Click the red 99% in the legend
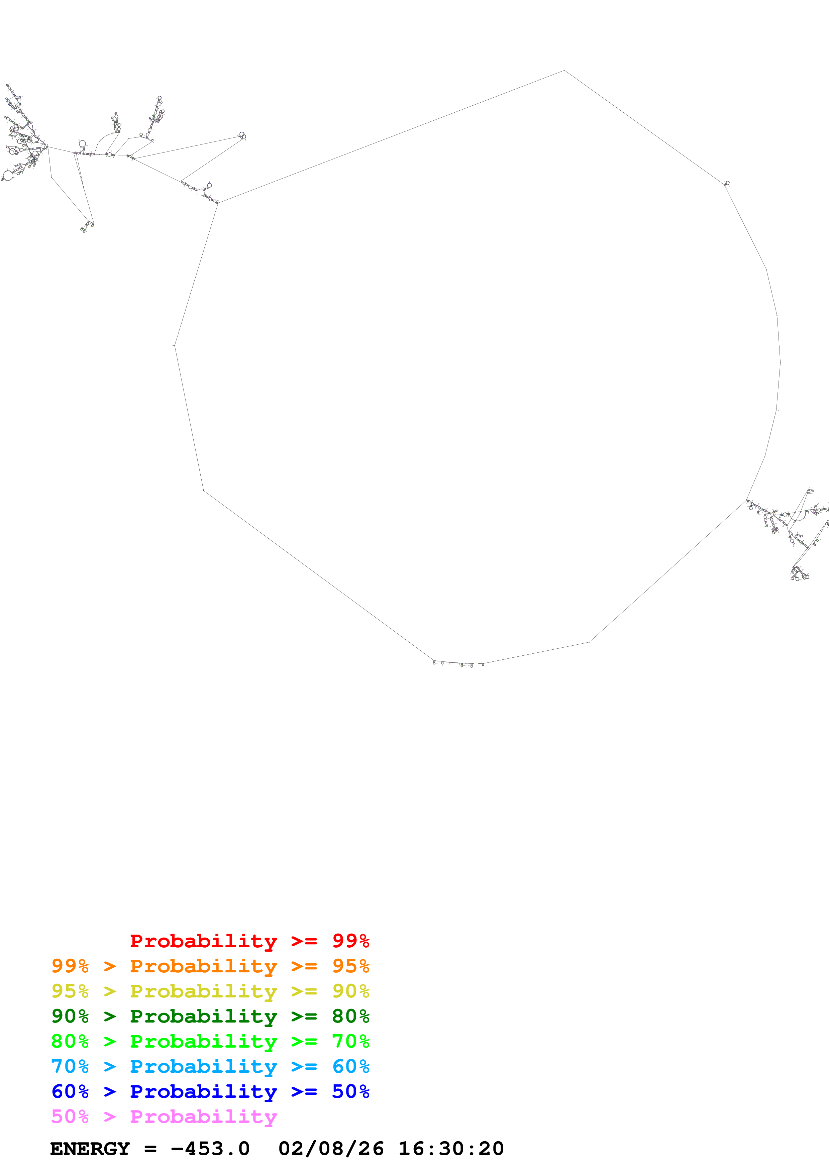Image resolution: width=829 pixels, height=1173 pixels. pos(350,941)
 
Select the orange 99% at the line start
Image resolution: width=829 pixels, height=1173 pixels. pos(70,966)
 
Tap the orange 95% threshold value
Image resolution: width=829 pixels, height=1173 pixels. pos(350,966)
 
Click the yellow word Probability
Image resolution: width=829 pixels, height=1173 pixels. pos(203,991)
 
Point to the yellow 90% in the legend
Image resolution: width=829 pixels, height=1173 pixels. pos(350,991)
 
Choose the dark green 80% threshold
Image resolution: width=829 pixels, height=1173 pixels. pos(350,1016)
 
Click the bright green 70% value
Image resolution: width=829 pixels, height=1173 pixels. pos(350,1041)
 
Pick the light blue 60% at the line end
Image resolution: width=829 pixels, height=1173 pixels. pos(350,1066)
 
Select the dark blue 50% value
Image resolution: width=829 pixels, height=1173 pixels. pos(350,1091)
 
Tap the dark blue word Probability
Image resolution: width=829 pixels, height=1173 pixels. pos(203,1091)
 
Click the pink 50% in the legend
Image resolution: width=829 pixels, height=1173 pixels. pos(70,1116)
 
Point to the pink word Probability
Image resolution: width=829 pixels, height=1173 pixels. pos(203,1116)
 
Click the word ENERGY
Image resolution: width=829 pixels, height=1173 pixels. pos(90,1149)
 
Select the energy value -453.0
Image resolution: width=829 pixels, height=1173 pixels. pos(210,1149)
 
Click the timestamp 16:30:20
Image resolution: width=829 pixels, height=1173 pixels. pos(451,1149)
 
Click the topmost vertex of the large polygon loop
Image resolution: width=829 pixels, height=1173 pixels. pos(564,71)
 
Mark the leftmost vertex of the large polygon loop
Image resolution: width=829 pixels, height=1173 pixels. pos(175,346)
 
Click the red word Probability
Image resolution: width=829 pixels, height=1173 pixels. pos(203,941)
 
